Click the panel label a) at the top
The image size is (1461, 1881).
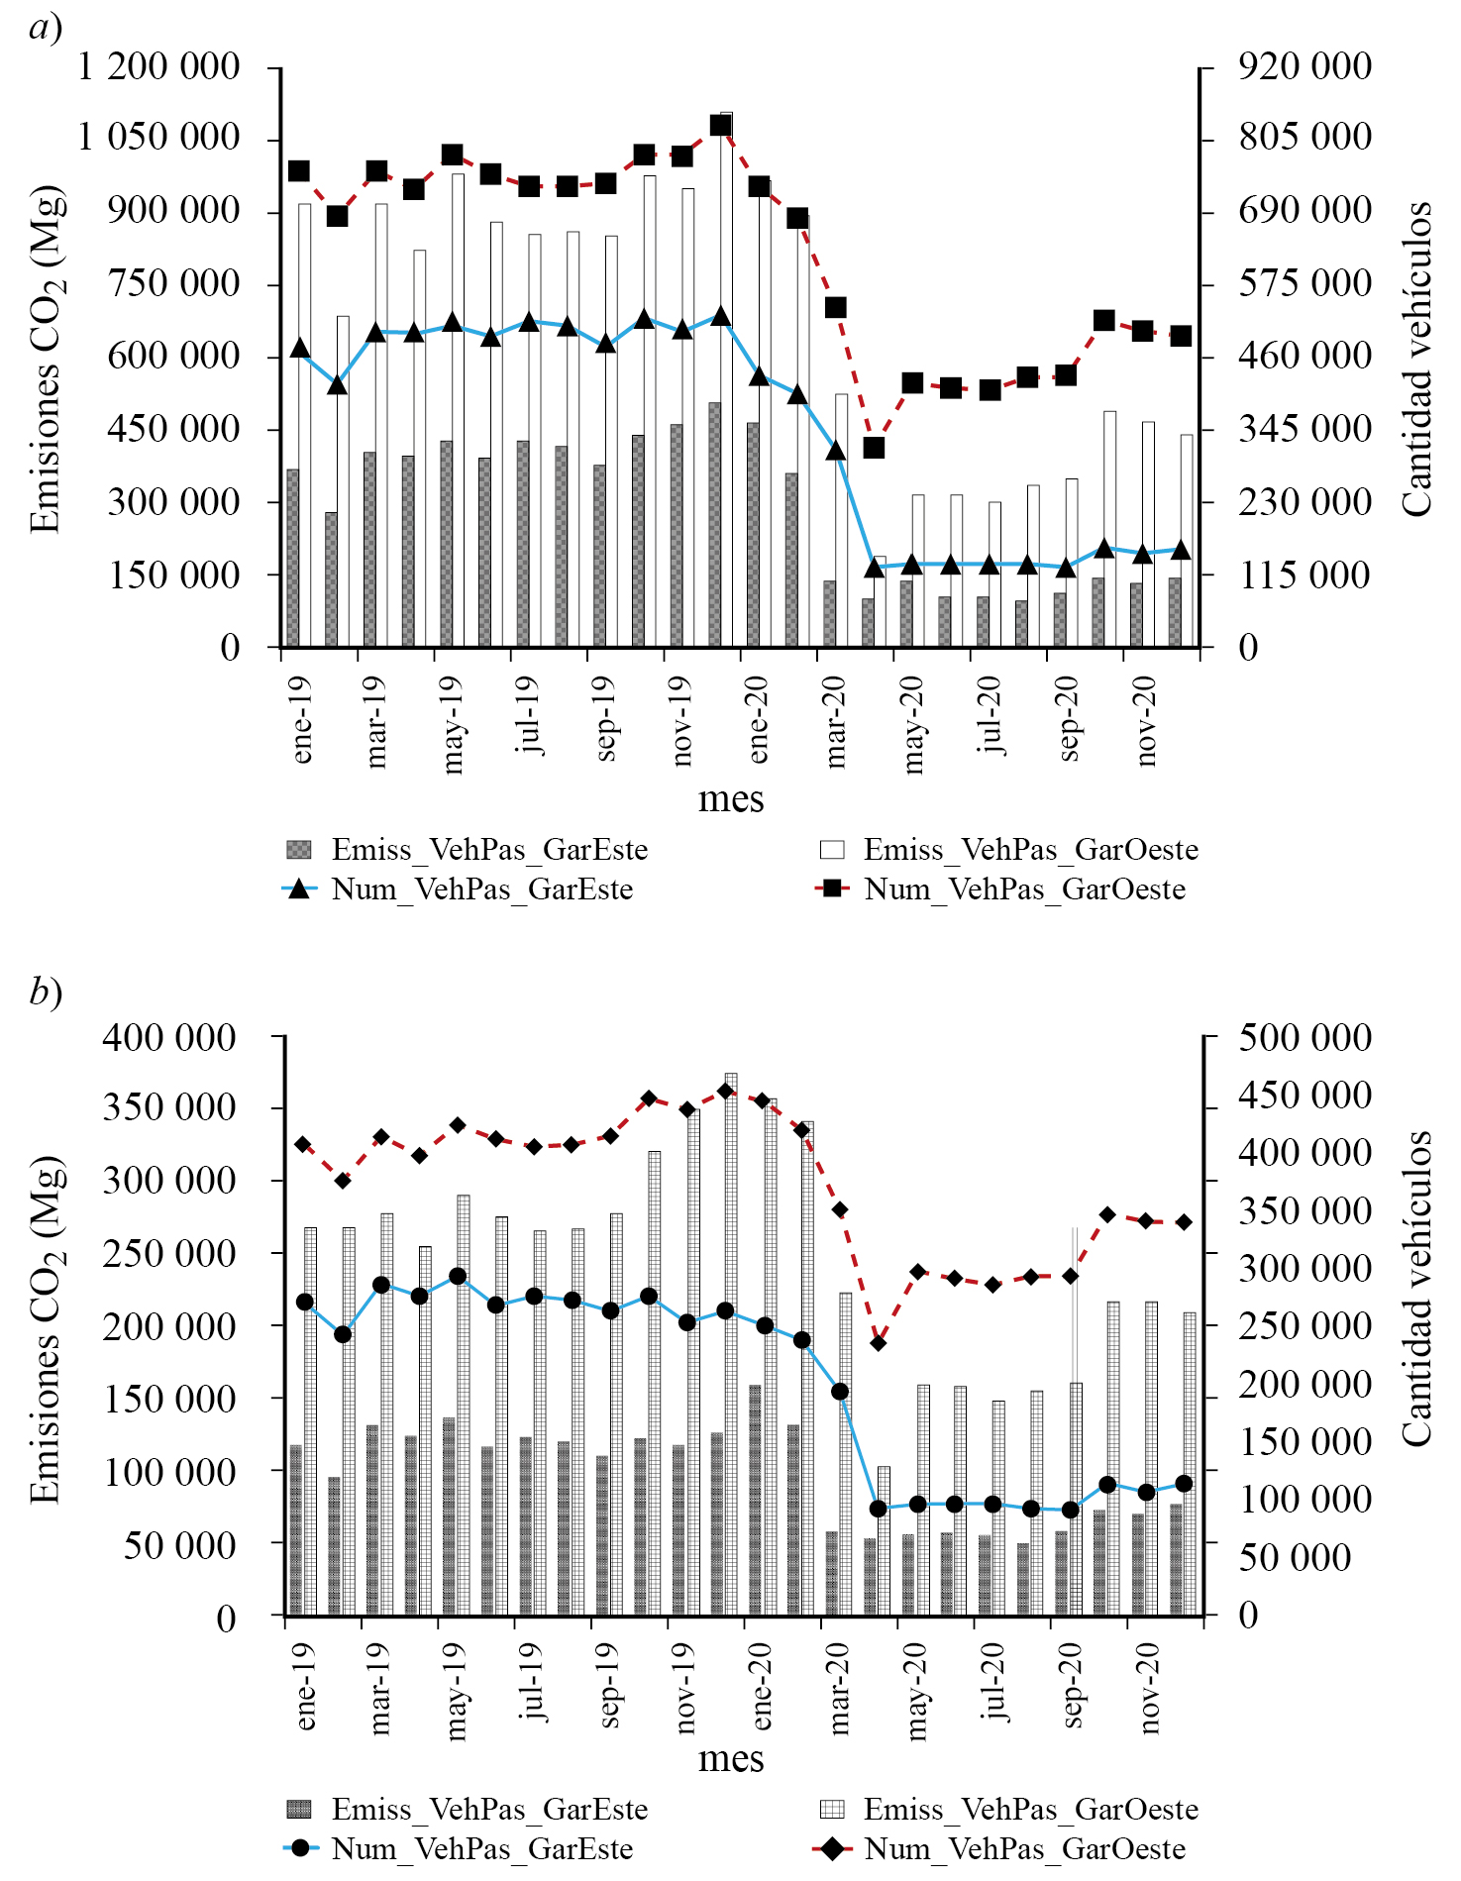[x=46, y=27]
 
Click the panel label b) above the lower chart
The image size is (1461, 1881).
[x=46, y=991]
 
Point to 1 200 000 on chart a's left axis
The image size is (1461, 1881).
[x=158, y=66]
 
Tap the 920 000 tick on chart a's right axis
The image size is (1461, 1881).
[x=1304, y=66]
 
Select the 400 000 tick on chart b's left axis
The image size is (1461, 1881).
[x=169, y=1037]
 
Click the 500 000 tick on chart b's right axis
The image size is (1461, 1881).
[x=1304, y=1037]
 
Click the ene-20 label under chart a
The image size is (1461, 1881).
[x=759, y=720]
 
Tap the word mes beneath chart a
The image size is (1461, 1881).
[x=731, y=798]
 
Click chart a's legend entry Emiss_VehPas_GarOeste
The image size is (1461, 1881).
[x=1030, y=849]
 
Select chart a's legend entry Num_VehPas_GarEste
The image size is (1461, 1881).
[x=481, y=888]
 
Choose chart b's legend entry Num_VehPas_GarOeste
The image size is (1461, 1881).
[x=1024, y=1848]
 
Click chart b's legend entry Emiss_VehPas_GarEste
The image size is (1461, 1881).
[x=489, y=1809]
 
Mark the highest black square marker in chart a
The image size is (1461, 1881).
[x=721, y=125]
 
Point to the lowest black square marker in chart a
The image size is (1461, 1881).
[x=874, y=448]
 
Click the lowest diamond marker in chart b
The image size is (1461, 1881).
[x=878, y=1343]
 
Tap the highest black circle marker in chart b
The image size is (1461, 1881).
[x=458, y=1277]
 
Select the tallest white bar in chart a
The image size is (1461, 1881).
[x=727, y=376]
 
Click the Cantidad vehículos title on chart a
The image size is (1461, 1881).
[x=1417, y=358]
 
